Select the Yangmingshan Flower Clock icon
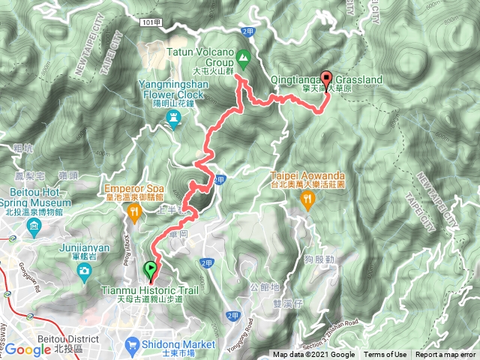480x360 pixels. tap(174, 118)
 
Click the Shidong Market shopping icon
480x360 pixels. tap(132, 346)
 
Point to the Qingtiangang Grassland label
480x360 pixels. tap(343, 79)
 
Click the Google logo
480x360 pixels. tap(28, 349)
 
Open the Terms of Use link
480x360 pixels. tap(385, 355)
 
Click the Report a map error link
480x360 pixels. tap(445, 355)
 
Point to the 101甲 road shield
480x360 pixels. tap(151, 23)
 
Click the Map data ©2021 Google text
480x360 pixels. tap(314, 355)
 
